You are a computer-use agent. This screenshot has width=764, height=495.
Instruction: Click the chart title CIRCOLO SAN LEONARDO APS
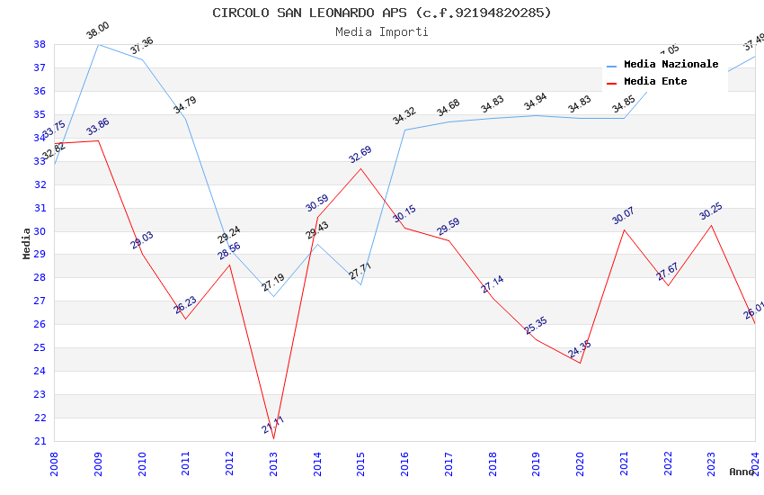tap(382, 13)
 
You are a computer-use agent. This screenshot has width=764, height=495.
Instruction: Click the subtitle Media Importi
tap(382, 31)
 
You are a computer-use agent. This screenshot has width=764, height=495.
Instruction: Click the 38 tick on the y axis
tap(40, 44)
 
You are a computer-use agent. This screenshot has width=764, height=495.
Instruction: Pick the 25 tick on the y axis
tap(40, 347)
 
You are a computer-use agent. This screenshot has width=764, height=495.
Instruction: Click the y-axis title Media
tap(26, 243)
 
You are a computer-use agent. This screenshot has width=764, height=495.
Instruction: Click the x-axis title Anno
tap(742, 472)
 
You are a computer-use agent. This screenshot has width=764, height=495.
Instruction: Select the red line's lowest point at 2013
tap(273, 439)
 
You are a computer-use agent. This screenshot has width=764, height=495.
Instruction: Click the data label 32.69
tap(360, 155)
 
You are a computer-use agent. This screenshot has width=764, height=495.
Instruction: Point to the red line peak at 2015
tap(361, 168)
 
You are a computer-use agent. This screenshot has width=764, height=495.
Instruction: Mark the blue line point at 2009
tap(98, 44)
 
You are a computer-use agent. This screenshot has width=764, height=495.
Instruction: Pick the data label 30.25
tap(710, 211)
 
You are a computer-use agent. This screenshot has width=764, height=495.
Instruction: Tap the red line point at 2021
tap(624, 229)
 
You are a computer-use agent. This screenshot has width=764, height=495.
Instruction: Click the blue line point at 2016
tap(404, 130)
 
